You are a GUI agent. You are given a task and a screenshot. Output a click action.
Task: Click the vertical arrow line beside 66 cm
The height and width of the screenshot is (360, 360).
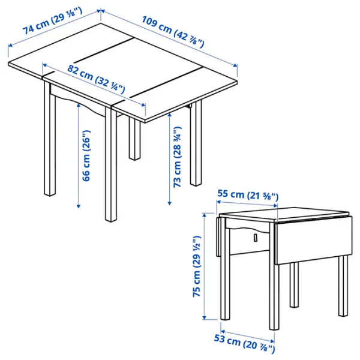pyautogui.click(x=78, y=156)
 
